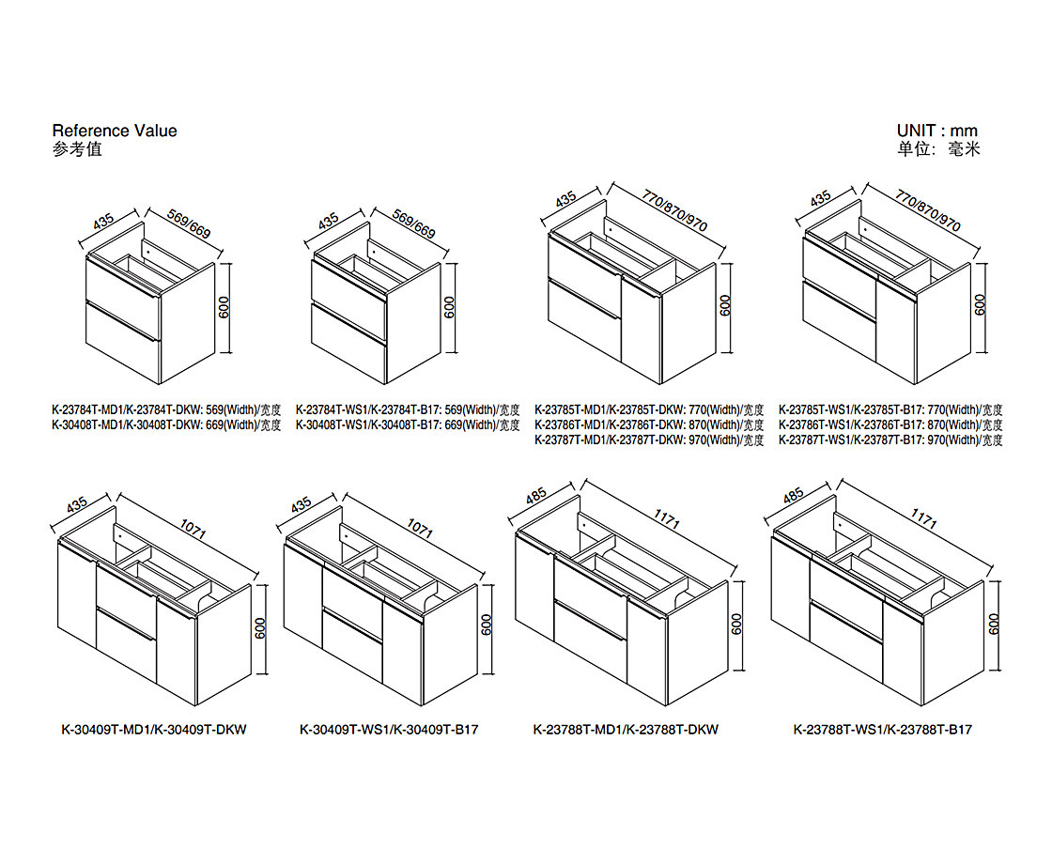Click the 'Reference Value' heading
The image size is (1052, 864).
tap(115, 131)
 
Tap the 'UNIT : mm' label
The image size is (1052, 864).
tap(937, 131)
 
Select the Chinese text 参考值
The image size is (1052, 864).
tap(77, 149)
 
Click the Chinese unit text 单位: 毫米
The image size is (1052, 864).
tap(938, 149)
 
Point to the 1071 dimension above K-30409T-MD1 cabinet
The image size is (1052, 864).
tap(193, 530)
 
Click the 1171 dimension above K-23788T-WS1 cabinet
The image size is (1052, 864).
tap(924, 518)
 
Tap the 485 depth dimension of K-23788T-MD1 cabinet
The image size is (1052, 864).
tap(536, 496)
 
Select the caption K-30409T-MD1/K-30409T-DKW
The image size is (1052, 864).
tap(154, 729)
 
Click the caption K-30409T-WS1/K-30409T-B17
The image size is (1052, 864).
tap(389, 729)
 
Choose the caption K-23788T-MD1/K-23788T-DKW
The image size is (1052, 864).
tap(626, 729)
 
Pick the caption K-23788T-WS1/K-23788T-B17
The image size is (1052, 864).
tap(882, 729)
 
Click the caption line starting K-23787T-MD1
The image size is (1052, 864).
tap(649, 440)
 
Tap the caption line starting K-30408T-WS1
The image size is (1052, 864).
tap(408, 425)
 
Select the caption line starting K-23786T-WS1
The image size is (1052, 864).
tap(891, 425)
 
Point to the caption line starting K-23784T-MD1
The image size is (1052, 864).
tap(166, 409)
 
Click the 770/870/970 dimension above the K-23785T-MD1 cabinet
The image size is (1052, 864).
tap(674, 210)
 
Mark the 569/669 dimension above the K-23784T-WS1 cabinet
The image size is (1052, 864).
tap(414, 224)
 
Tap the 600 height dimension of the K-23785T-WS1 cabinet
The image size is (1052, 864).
tap(981, 305)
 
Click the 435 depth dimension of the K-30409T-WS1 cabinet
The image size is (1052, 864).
tap(301, 504)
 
